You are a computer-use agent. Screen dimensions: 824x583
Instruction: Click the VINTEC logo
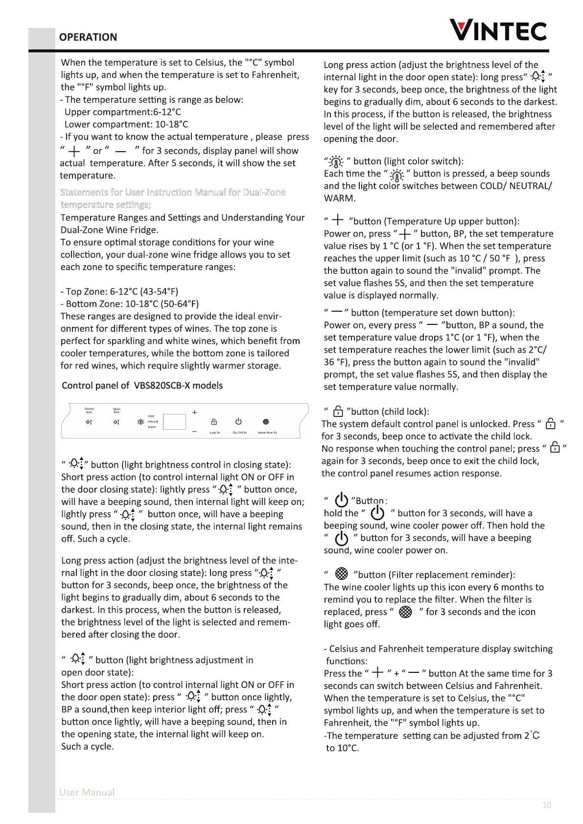[498, 30]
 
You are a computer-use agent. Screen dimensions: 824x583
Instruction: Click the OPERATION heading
[88, 37]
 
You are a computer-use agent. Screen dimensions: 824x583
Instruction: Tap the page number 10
[547, 805]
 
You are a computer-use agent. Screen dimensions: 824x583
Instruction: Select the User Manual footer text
[87, 792]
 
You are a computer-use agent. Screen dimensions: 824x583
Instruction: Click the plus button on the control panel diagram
[194, 412]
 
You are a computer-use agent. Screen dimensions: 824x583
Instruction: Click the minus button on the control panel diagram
[194, 431]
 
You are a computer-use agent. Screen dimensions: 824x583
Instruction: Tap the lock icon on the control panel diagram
[214, 422]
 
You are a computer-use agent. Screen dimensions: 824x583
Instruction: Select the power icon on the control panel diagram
[238, 422]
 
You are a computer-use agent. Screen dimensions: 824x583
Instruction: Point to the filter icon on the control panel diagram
[266, 422]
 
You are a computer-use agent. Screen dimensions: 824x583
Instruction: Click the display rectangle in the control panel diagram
[174, 422]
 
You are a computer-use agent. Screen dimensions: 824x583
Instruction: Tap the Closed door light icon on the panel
[89, 422]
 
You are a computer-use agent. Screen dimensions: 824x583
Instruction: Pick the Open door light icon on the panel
[116, 422]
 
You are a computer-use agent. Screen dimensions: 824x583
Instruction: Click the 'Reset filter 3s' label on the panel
[267, 433]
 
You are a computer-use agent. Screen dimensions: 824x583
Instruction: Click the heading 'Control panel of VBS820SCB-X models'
[142, 386]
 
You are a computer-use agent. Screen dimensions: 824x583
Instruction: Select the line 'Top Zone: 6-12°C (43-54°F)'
[116, 292]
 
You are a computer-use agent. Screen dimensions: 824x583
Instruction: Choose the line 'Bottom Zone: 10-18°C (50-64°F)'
[130, 304]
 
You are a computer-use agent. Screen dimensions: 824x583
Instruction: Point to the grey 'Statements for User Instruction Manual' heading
[172, 192]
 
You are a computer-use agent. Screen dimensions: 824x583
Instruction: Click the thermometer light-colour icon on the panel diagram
[140, 422]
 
